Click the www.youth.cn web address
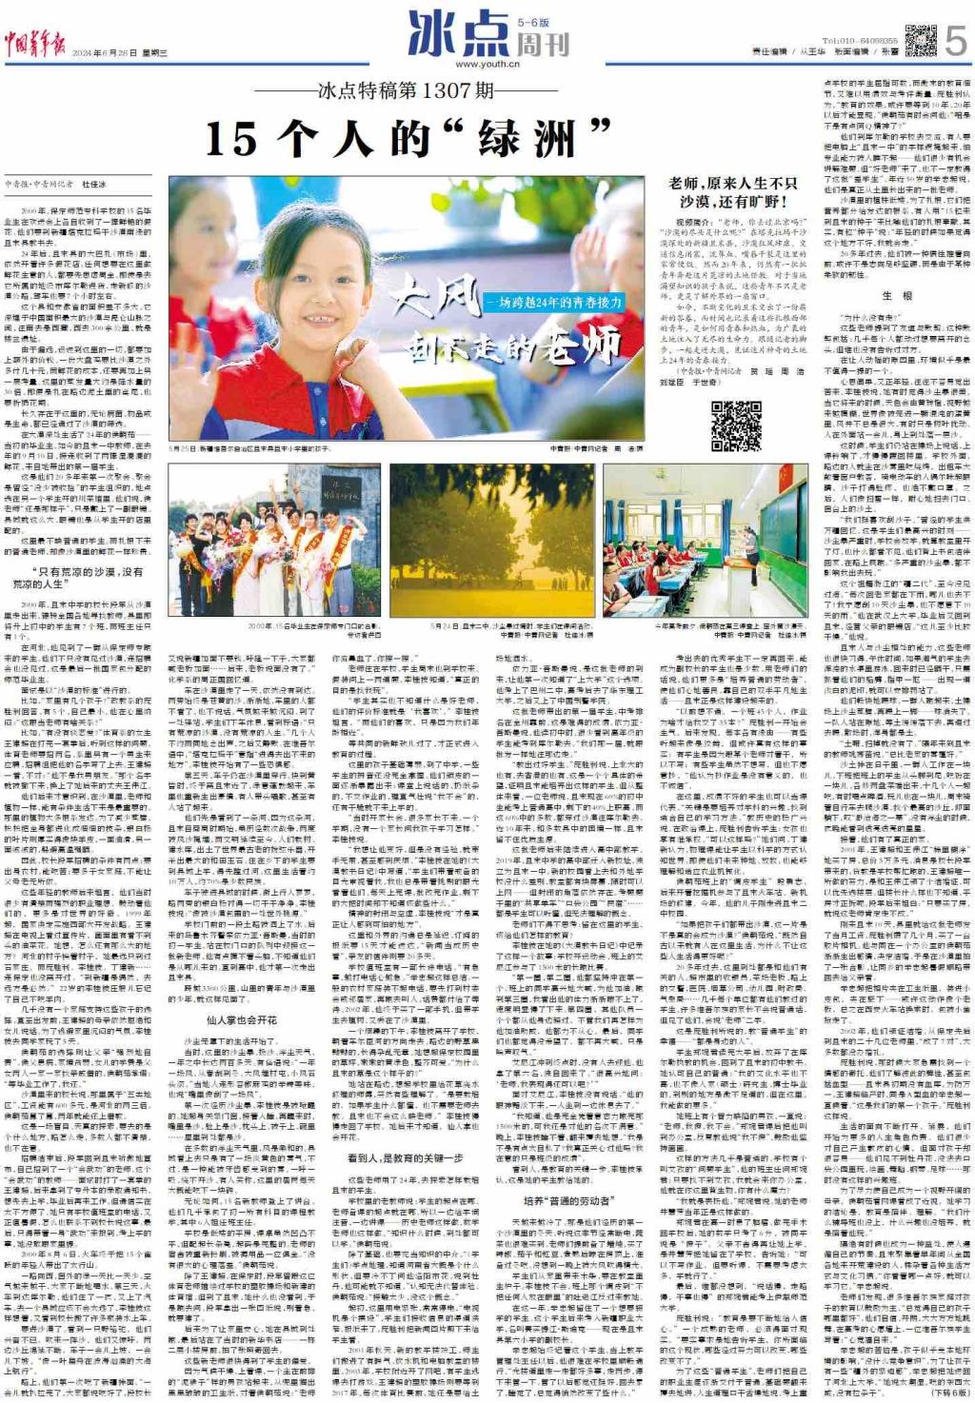(x=487, y=64)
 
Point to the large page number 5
(x=956, y=41)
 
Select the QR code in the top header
(x=920, y=41)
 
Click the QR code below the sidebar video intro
(x=735, y=425)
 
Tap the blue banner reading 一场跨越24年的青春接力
(x=554, y=302)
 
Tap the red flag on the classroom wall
(x=732, y=480)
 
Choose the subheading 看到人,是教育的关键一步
(x=405, y=1157)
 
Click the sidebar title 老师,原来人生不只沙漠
(x=732, y=191)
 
